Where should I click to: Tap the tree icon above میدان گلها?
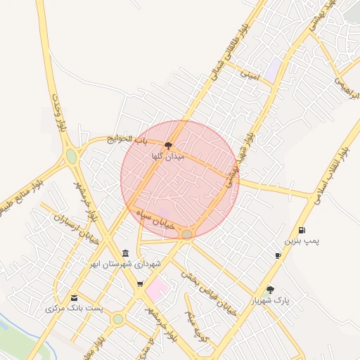(x=167, y=145)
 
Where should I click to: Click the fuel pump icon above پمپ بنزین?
(x=302, y=230)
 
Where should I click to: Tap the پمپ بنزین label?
(x=302, y=240)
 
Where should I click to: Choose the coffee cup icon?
(x=278, y=255)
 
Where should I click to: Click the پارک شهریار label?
(x=271, y=300)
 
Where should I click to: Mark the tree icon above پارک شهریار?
(x=270, y=289)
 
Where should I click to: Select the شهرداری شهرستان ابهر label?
(x=125, y=264)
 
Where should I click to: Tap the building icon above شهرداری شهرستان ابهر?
(x=125, y=253)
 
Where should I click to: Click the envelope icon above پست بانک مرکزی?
(x=75, y=297)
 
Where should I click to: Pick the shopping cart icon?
(x=140, y=284)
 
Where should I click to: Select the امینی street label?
(x=250, y=74)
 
